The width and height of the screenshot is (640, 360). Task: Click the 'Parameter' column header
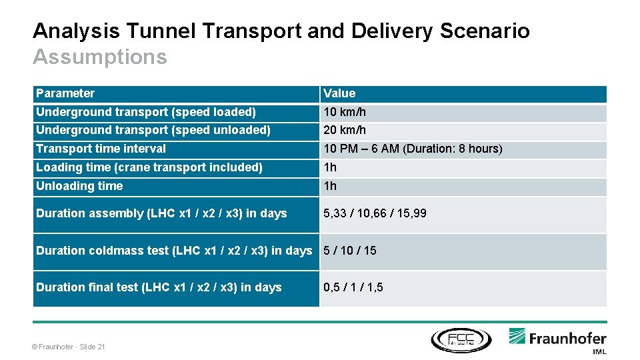pyautogui.click(x=65, y=93)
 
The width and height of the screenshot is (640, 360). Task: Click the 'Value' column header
pyautogui.click(x=339, y=93)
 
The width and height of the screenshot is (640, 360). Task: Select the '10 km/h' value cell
pyautogui.click(x=345, y=112)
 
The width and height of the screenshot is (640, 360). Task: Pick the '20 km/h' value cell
pyautogui.click(x=345, y=130)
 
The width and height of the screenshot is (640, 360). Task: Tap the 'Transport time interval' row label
pyautogui.click(x=101, y=149)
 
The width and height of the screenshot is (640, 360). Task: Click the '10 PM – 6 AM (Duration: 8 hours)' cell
pyautogui.click(x=413, y=149)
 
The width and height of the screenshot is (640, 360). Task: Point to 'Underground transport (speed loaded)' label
pyautogui.click(x=146, y=112)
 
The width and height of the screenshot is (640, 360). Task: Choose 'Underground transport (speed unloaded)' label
pyautogui.click(x=153, y=130)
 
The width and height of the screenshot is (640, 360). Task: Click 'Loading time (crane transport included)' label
pyautogui.click(x=149, y=167)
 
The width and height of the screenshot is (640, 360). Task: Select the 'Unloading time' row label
pyautogui.click(x=79, y=186)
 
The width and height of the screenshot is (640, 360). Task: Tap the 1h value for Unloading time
pyautogui.click(x=330, y=186)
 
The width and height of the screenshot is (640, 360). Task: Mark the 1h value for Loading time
pyautogui.click(x=330, y=167)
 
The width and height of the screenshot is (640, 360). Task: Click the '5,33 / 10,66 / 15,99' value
pyautogui.click(x=375, y=213)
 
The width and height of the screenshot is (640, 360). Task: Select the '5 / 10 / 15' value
pyautogui.click(x=350, y=251)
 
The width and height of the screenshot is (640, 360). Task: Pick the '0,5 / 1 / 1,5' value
pyautogui.click(x=353, y=287)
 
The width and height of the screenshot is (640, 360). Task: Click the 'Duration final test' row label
pyautogui.click(x=159, y=287)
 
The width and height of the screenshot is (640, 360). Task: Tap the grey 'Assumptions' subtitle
pyautogui.click(x=100, y=57)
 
